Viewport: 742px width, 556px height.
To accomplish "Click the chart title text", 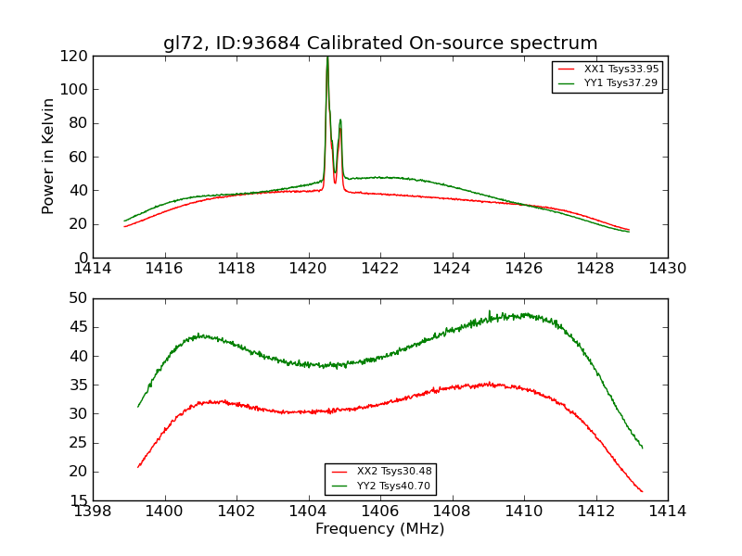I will click(380, 44).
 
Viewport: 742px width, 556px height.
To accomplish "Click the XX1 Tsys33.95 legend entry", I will click(620, 69).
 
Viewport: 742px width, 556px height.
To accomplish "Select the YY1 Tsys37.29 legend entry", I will click(620, 83).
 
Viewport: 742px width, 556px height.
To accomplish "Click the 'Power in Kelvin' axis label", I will click(49, 156).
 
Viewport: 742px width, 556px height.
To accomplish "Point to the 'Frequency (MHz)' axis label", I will click(380, 529).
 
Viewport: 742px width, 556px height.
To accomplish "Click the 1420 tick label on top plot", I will click(308, 269).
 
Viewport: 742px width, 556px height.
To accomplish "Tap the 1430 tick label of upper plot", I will click(667, 269).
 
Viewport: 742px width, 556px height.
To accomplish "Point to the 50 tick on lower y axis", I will click(79, 298).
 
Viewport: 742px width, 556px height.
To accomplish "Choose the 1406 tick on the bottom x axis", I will click(380, 512).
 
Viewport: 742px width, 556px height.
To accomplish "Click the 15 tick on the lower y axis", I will click(79, 500).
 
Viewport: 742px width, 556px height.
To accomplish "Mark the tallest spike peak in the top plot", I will click(327, 57).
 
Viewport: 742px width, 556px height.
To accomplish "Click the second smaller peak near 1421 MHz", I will click(340, 120).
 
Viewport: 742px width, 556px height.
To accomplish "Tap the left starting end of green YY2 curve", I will click(138, 407).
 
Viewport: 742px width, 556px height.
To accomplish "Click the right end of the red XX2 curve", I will click(642, 491).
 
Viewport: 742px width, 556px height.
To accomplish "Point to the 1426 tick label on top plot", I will click(523, 269).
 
